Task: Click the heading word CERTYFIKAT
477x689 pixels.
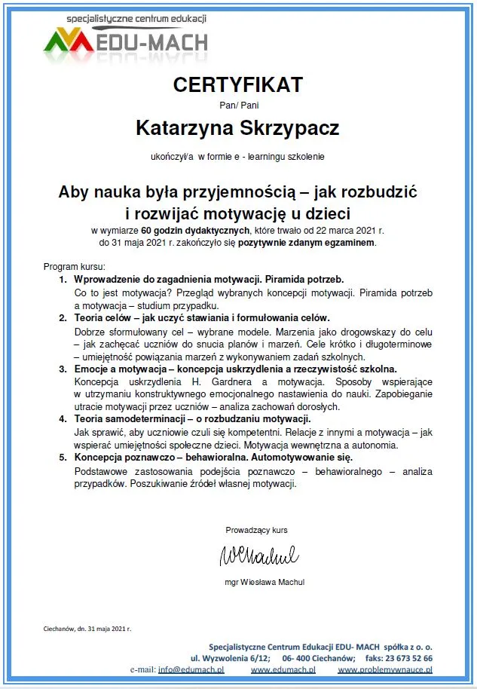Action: [237, 84]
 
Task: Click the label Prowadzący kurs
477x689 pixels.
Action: [256, 530]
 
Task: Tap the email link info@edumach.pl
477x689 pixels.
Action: [191, 669]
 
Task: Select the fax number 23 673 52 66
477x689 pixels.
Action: [410, 658]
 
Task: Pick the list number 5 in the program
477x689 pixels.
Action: [63, 457]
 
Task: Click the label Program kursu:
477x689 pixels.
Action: [75, 267]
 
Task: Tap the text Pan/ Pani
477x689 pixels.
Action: [238, 105]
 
